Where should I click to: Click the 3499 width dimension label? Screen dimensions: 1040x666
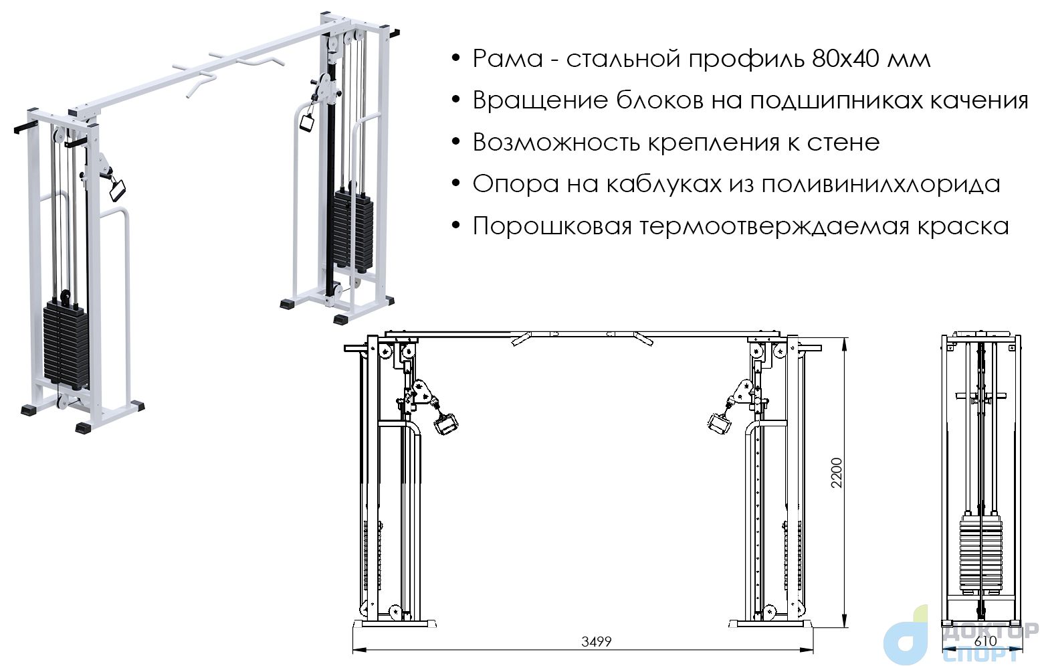[596, 642]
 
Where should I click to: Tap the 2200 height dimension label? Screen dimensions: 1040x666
[836, 473]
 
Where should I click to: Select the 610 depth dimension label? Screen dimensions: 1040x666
[985, 641]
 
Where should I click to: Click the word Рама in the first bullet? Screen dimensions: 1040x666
[508, 59]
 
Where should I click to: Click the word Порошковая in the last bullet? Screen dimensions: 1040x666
[552, 226]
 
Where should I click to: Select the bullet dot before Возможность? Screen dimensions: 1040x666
[456, 142]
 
